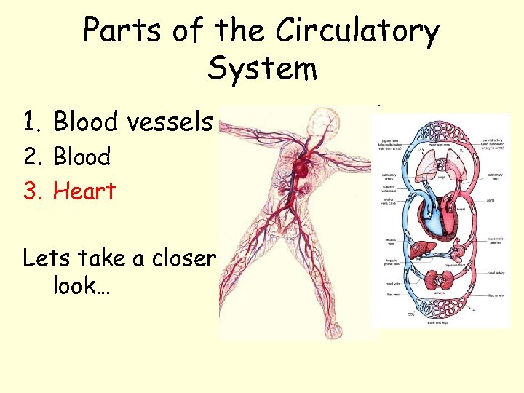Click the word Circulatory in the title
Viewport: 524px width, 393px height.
(357, 31)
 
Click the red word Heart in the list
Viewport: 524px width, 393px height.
(84, 191)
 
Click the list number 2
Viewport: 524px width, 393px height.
(31, 156)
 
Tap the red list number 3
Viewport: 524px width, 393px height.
(31, 191)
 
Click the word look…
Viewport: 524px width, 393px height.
(82, 285)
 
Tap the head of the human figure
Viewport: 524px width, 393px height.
(318, 121)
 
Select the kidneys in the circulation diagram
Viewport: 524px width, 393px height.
(441, 281)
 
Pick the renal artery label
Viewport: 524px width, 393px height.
(496, 274)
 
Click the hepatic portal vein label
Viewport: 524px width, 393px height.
(387, 263)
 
